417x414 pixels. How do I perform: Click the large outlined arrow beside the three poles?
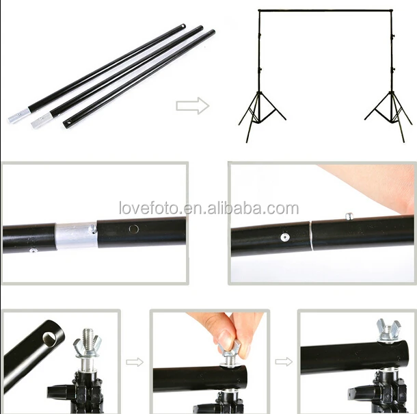[x=192, y=105]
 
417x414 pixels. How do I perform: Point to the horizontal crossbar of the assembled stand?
[x=325, y=10]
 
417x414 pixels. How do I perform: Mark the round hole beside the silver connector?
[x=134, y=229]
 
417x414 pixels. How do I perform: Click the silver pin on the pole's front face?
[x=284, y=237]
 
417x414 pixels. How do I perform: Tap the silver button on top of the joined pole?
[x=349, y=216]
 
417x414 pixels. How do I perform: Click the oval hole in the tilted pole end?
[x=49, y=337]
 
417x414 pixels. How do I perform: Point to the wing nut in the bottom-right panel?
[x=387, y=330]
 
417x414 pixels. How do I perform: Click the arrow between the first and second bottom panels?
[x=135, y=361]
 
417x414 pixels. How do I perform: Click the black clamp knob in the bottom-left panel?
[x=57, y=396]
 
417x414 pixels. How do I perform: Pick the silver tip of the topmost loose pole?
[x=16, y=117]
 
